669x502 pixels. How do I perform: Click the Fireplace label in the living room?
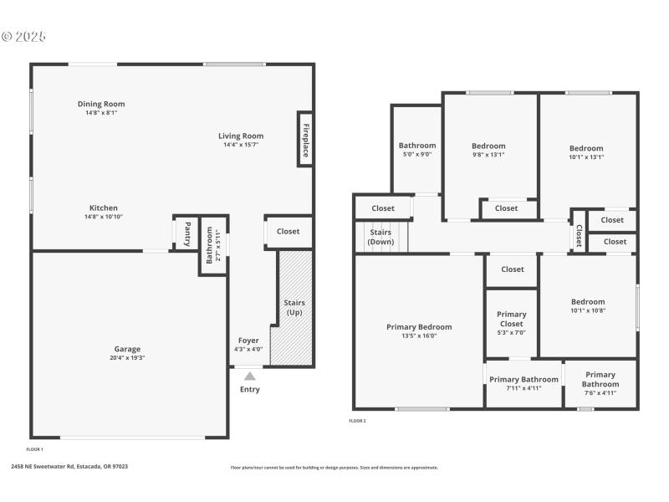pos(305,140)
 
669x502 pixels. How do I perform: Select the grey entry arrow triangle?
pos(249,376)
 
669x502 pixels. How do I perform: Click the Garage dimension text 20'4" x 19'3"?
pos(127,357)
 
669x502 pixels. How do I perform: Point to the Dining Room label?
pos(101,104)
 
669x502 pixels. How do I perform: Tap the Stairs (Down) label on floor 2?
pos(380,237)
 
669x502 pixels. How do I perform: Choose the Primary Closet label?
pos(511,319)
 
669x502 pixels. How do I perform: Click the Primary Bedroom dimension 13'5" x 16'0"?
pos(418,336)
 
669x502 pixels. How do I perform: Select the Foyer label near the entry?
pos(248,341)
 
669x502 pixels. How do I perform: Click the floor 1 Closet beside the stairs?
pos(288,232)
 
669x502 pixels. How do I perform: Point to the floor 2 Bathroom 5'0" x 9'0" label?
pos(416,154)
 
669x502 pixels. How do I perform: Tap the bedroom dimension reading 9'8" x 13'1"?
pos(488,155)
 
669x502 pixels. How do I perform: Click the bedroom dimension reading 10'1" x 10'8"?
pos(587,310)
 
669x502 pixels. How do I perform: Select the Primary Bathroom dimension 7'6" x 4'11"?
pos(600,392)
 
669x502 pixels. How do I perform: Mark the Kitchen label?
pos(104,207)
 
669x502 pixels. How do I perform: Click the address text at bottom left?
pos(69,467)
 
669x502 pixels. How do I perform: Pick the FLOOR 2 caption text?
pos(357,421)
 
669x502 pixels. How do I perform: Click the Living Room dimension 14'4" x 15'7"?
pos(241,145)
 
